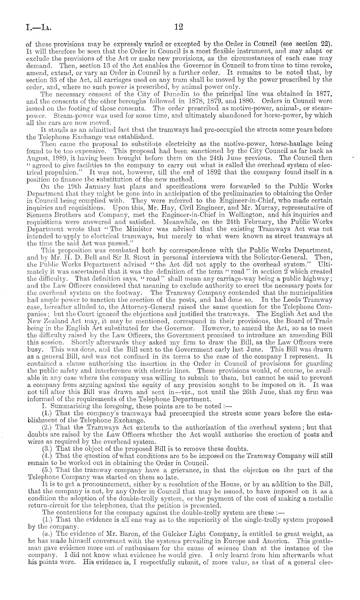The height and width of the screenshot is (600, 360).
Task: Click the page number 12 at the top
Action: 179,28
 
